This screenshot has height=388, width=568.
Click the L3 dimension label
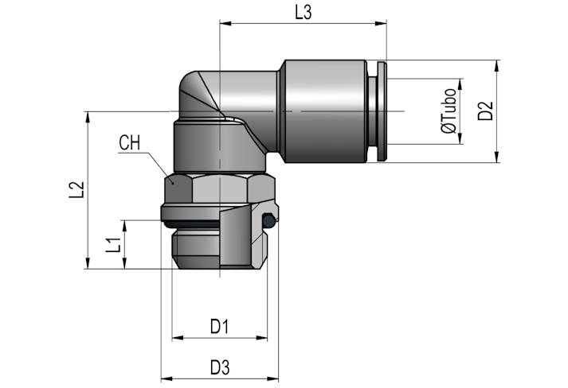pos(304,13)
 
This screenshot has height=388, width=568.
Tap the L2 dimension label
pos(76,189)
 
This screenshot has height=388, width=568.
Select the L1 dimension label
pos(113,245)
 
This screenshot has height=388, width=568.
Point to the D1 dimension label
pos(220,327)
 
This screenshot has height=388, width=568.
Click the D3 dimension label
pos(220,368)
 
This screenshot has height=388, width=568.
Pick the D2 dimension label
pos(485,111)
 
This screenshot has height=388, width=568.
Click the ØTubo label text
pos(449,111)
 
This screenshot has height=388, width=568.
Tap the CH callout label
pos(129,142)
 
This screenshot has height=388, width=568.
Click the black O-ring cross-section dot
pos(268,220)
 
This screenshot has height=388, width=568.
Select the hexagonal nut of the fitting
pos(220,188)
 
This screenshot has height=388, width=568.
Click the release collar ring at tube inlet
pos(382,111)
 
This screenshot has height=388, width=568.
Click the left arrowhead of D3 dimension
pos(166,378)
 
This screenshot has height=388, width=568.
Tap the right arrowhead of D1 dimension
pos(261,338)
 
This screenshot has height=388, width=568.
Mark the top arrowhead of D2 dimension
pos(497,66)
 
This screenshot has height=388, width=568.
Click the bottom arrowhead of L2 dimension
pos(88,263)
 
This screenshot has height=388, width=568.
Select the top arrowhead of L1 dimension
pos(124,226)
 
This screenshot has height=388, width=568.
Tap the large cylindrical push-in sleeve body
pos(325,111)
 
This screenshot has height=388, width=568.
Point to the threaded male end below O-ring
pos(220,248)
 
